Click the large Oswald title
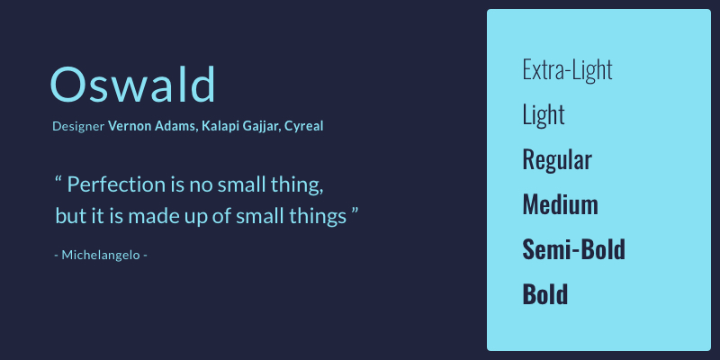[x=132, y=84]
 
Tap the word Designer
[x=78, y=126]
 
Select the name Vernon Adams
[x=152, y=126]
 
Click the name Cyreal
[x=303, y=126]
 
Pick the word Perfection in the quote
[x=117, y=184]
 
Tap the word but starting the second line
[x=69, y=216]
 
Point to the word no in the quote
[x=201, y=186]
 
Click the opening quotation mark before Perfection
[x=58, y=179]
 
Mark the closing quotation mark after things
[x=355, y=211]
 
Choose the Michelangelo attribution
[x=101, y=255]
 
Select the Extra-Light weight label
[x=568, y=70]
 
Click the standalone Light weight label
[x=544, y=115]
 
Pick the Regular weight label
[x=557, y=160]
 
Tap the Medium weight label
[x=560, y=204]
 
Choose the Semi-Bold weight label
[x=574, y=249]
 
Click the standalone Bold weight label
[x=545, y=294]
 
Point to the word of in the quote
[x=221, y=216]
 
